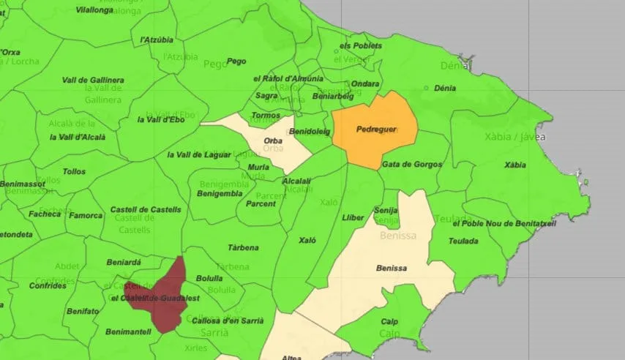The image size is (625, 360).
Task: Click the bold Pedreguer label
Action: [x=376, y=130]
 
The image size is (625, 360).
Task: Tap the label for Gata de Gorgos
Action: [x=411, y=165]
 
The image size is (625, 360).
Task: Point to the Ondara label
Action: [x=365, y=84]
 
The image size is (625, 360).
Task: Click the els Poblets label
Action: [x=361, y=45]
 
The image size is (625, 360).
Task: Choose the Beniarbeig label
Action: [x=332, y=96]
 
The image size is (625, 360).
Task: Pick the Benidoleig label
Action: [x=310, y=132]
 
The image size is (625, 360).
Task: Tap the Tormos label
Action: [x=266, y=116]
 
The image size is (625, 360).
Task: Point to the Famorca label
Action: [x=86, y=215]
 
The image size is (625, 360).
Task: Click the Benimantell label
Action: [x=128, y=331]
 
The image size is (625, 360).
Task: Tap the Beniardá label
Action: [x=124, y=261]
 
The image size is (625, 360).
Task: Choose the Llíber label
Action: [x=352, y=217]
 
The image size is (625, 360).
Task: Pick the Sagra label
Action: [x=266, y=96]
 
